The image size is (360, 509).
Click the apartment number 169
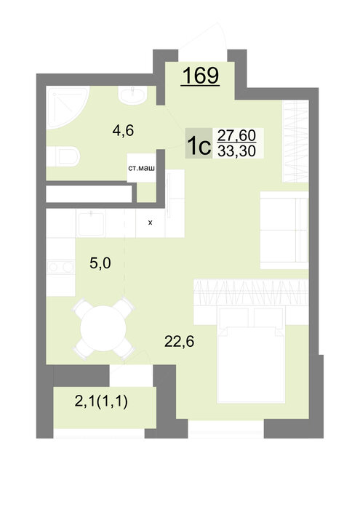tap(201, 76)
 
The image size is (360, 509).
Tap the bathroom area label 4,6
tap(123, 130)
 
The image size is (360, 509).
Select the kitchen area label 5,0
tap(100, 263)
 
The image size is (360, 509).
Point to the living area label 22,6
tap(179, 341)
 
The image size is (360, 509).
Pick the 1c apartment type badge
tap(199, 143)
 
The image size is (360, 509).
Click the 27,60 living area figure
tap(236, 135)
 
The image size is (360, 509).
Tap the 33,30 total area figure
tap(236, 151)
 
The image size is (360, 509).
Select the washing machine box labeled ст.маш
tap(141, 168)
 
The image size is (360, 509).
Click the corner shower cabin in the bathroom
tap(66, 108)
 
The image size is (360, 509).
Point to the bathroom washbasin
tap(133, 95)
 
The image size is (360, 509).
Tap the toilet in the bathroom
tap(63, 156)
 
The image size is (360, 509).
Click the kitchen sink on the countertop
tap(92, 223)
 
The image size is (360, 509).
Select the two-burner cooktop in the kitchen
tap(60, 267)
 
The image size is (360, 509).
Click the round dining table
tap(103, 328)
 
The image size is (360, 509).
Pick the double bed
tap(251, 355)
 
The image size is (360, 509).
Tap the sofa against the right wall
tap(284, 231)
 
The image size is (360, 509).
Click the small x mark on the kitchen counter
tap(150, 223)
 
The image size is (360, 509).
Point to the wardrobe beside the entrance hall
tap(295, 141)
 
